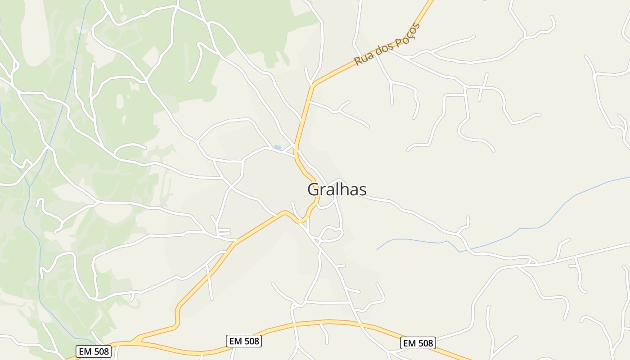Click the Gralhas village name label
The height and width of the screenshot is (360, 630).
tap(337, 189)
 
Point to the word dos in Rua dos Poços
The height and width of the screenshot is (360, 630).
tap(384, 47)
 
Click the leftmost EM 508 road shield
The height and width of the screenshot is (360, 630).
tap(94, 351)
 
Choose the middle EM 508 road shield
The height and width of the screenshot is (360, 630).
tap(244, 341)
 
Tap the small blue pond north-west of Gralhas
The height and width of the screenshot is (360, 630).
tap(277, 147)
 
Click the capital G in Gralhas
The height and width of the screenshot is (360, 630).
tap(314, 189)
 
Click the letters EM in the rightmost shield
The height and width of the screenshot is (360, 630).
tap(409, 343)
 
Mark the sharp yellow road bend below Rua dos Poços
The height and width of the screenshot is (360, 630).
tap(312, 84)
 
